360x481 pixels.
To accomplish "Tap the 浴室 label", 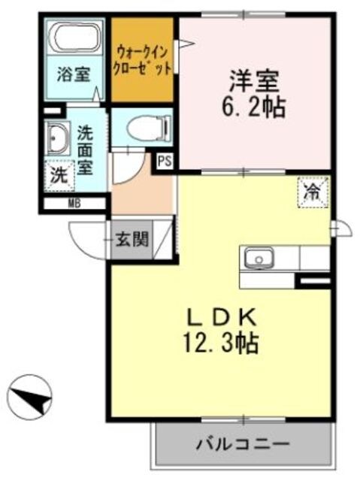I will pos(74,74).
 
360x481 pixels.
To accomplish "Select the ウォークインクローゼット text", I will pos(144,59).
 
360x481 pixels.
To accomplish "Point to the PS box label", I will pos(164,159).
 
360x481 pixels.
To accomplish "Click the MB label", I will pos(74,203).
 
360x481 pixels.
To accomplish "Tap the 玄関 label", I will pos(132,240).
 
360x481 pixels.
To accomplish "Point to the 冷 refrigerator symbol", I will pos(312,190).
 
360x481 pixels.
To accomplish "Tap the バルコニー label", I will pos(242,443).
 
